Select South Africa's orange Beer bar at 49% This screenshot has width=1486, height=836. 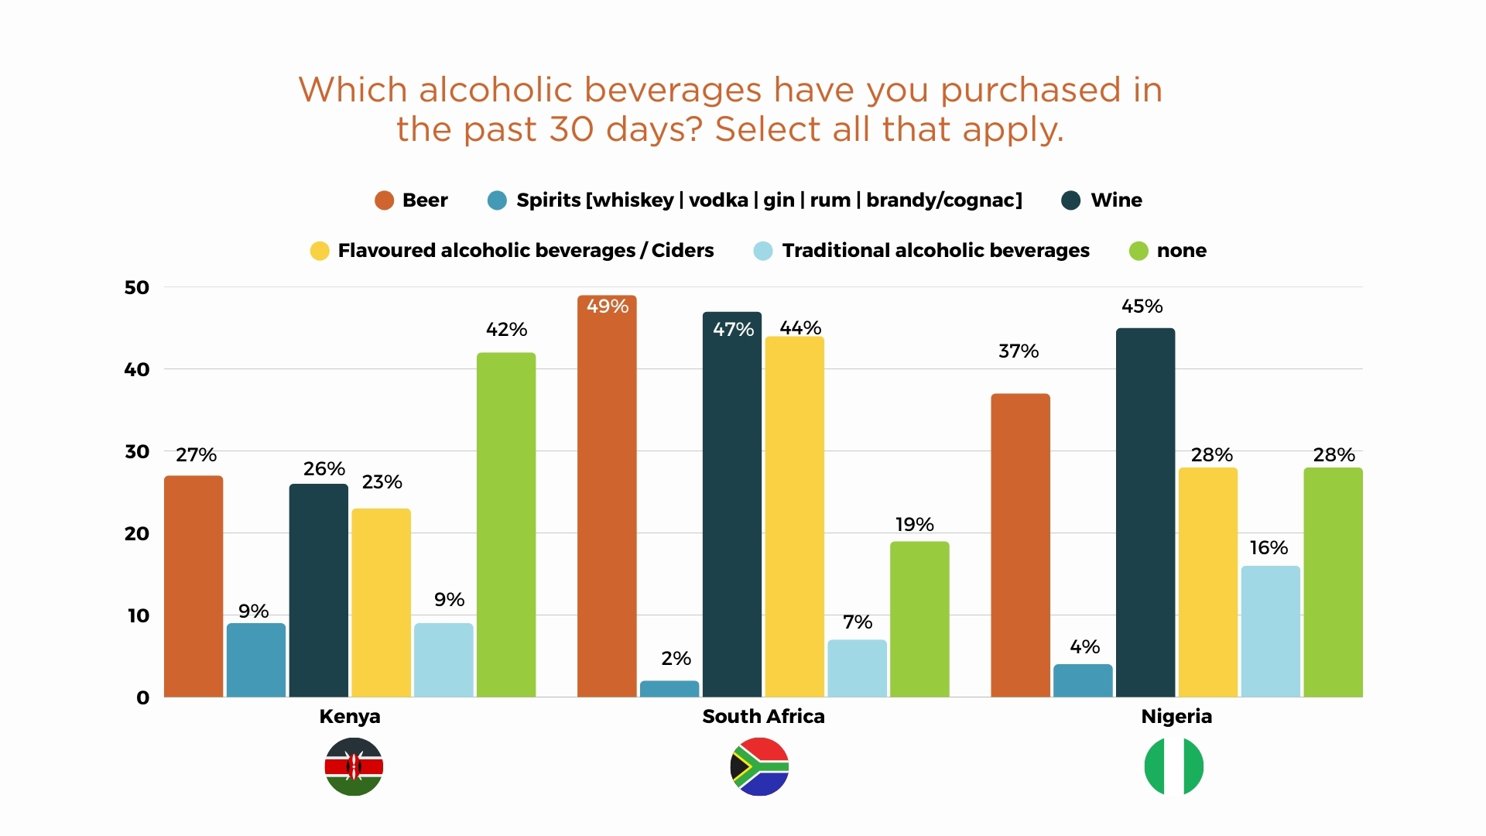[607, 495]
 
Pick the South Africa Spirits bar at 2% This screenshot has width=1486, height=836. [669, 689]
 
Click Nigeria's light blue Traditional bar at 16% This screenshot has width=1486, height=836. [1270, 631]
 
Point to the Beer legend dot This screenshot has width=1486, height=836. [384, 200]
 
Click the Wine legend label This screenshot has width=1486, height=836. [1116, 200]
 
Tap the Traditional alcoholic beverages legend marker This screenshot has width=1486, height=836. [763, 251]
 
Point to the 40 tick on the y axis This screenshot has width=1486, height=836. [137, 370]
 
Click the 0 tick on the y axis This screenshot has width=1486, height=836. [142, 698]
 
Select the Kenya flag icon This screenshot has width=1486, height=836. [354, 766]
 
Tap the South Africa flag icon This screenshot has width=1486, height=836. [759, 766]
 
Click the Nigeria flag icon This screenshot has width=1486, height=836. [1173, 766]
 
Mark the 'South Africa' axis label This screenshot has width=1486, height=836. [763, 717]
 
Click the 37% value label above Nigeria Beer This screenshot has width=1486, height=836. [1019, 351]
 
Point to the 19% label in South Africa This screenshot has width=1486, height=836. [915, 525]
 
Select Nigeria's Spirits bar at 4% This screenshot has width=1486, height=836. [1083, 680]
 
